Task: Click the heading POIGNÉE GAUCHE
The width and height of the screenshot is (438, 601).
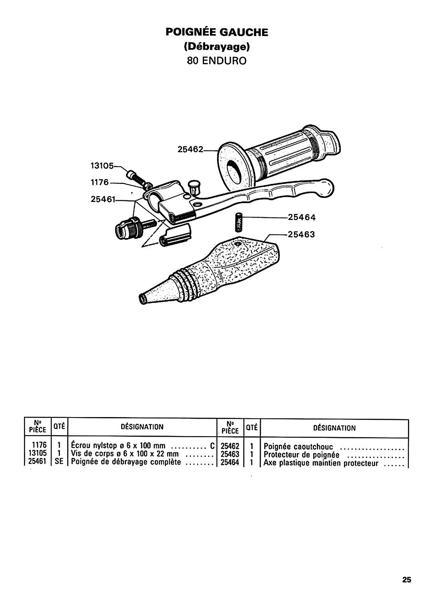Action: (217, 32)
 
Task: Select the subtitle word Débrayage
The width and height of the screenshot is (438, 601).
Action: (217, 47)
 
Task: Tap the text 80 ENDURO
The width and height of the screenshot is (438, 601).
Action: (217, 61)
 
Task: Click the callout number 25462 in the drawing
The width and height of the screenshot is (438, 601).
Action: (190, 149)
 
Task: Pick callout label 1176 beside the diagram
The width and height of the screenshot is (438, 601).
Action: (100, 182)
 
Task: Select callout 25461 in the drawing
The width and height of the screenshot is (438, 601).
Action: (103, 200)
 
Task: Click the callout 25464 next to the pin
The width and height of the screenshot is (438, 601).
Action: (302, 217)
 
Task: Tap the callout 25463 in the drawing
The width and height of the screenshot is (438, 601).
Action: (301, 234)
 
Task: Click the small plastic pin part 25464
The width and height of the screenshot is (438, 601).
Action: (239, 222)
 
